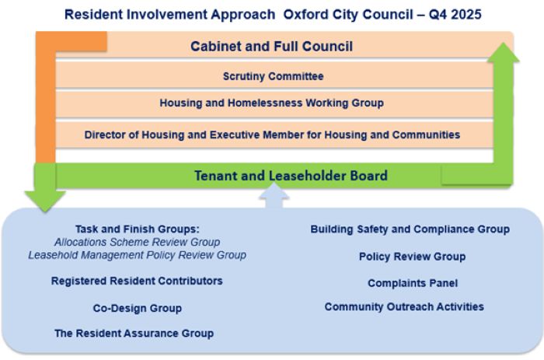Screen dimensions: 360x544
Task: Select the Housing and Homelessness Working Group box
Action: pyautogui.click(x=272, y=103)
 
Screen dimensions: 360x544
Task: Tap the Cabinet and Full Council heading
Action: pyautogui.click(x=272, y=47)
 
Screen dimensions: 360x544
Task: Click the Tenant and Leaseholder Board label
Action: pyautogui.click(x=291, y=176)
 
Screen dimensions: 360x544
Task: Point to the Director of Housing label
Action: pyautogui.click(x=272, y=135)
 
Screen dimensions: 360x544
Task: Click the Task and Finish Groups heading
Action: pyautogui.click(x=137, y=229)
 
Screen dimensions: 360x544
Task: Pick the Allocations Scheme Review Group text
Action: pyautogui.click(x=137, y=242)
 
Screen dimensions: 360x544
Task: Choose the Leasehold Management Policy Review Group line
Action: pyautogui.click(x=137, y=254)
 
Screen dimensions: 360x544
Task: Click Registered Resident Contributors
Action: pyautogui.click(x=137, y=281)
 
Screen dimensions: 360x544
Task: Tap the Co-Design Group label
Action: pyautogui.click(x=137, y=308)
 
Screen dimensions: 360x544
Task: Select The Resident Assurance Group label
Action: pyautogui.click(x=134, y=333)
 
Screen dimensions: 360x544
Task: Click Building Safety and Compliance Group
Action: pyautogui.click(x=410, y=229)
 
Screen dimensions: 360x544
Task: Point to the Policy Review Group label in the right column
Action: pyautogui.click(x=412, y=257)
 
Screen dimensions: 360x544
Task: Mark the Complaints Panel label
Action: pyautogui.click(x=412, y=283)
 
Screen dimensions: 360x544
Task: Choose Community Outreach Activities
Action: pyautogui.click(x=404, y=307)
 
